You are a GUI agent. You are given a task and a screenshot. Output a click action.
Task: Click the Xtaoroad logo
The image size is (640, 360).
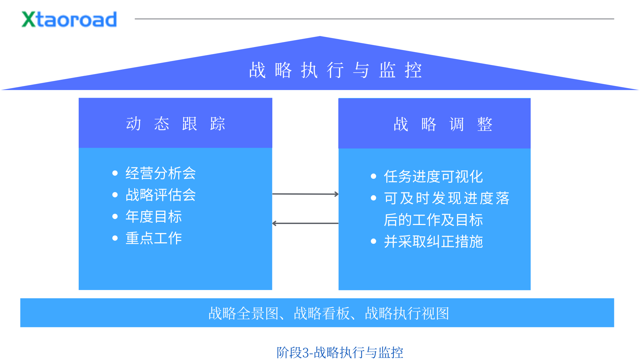click(x=69, y=19)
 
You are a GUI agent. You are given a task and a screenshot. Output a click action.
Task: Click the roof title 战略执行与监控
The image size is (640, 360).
click(x=335, y=70)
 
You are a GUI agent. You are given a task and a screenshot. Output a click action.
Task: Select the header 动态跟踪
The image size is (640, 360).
click(x=176, y=124)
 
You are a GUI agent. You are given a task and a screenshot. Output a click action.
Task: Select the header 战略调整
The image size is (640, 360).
click(x=443, y=124)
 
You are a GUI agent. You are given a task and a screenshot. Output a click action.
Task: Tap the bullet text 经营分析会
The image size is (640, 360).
click(x=160, y=173)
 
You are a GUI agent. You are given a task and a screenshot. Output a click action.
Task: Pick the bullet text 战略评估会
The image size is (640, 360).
click(x=160, y=195)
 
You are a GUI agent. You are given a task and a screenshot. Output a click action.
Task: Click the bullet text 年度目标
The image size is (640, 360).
click(x=153, y=216)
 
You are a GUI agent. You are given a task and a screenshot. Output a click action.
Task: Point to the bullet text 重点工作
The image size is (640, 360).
click(x=153, y=238)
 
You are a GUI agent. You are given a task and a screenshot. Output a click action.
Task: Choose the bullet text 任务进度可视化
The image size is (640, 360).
click(x=433, y=176)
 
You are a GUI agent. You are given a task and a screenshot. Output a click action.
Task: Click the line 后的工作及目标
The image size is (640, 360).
click(x=433, y=220)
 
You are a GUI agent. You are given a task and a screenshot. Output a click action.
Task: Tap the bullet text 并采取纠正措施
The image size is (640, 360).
click(x=433, y=241)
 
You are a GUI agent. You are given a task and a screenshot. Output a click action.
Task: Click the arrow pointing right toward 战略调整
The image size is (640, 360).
click(x=305, y=194)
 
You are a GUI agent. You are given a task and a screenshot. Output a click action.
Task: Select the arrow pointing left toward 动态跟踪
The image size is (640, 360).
click(x=305, y=223)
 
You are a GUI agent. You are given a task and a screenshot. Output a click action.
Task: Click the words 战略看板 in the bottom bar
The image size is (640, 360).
click(x=321, y=313)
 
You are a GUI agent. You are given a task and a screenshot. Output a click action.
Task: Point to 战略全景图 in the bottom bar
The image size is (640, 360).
click(x=243, y=313)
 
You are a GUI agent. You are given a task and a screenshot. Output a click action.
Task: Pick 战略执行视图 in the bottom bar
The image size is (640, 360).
click(x=407, y=313)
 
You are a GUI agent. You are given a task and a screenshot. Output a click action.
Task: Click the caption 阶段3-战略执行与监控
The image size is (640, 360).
click(x=340, y=352)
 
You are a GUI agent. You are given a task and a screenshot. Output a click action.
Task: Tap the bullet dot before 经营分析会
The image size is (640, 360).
click(x=115, y=173)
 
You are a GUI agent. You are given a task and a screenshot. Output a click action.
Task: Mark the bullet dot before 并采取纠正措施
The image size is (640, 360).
click(x=373, y=241)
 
